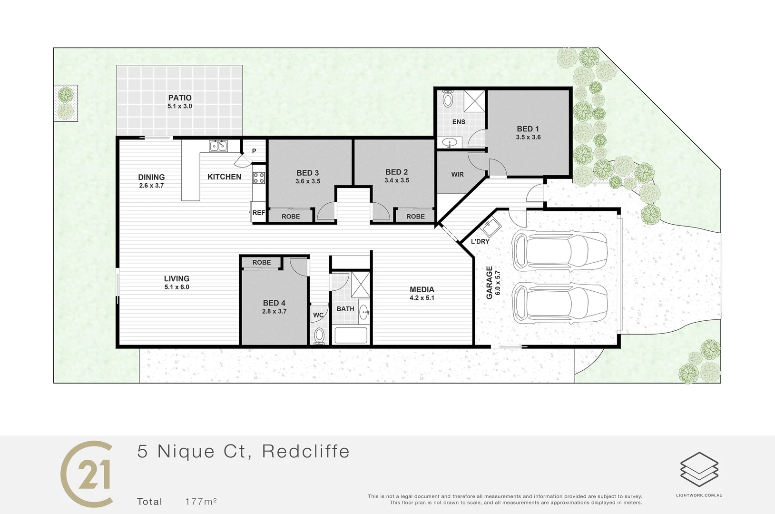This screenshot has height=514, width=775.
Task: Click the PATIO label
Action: point(180,98)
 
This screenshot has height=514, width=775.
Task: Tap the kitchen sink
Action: point(218,146)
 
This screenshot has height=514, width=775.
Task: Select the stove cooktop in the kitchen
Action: point(259,178)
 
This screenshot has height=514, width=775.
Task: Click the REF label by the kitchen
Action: point(259,213)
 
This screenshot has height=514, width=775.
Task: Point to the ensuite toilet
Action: point(448,99)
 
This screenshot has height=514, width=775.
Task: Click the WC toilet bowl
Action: point(319,335)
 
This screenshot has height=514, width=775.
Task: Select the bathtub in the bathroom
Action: point(351,335)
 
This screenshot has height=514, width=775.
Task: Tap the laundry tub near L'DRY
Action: point(491,227)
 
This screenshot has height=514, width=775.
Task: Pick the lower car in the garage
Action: point(559,304)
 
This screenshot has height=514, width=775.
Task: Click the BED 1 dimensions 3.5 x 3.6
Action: point(528,137)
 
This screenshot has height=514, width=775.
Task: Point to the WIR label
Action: point(458,175)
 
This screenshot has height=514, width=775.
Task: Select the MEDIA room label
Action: point(422,289)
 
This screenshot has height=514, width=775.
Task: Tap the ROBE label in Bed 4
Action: point(262,262)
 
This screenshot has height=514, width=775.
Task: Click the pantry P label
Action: point(254,151)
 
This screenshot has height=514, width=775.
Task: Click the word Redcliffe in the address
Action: point(306,451)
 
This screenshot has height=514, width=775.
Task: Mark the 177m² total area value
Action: point(201,502)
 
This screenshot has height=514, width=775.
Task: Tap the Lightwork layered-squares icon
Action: point(699,469)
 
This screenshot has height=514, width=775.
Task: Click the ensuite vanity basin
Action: point(449,142)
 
